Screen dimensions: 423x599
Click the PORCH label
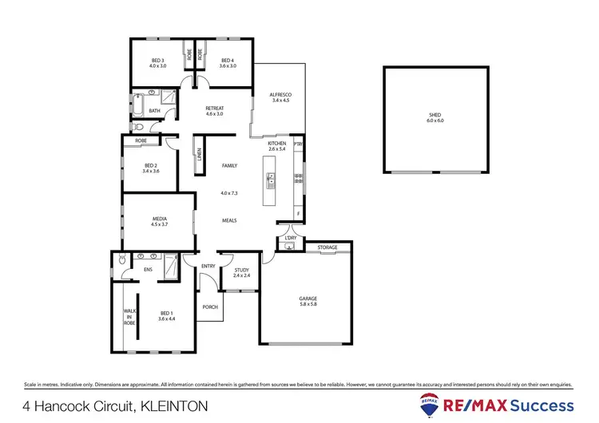(211, 306)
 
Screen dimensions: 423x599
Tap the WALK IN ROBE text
(127, 317)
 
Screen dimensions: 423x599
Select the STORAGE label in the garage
(327, 247)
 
